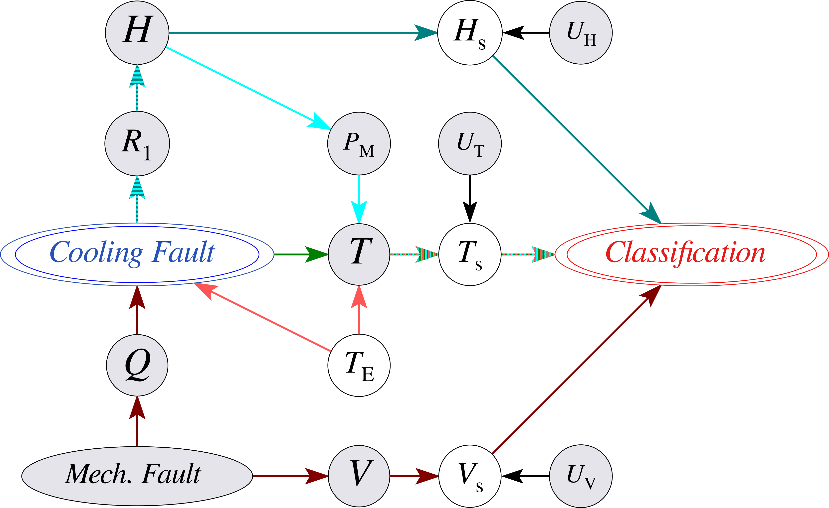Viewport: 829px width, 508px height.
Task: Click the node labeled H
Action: click(137, 32)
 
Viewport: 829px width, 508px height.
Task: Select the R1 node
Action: click(137, 143)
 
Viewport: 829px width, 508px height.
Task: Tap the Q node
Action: click(137, 366)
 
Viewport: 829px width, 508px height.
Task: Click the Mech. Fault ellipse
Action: click(137, 476)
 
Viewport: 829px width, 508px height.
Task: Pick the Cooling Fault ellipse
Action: click(137, 254)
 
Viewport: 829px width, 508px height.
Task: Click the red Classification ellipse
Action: click(691, 254)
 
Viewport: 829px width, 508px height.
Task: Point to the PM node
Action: click(359, 143)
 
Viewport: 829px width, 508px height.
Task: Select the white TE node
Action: click(359, 366)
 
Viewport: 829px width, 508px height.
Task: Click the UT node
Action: click(470, 143)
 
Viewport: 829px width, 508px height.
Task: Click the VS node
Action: click(470, 476)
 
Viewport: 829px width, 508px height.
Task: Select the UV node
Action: click(581, 476)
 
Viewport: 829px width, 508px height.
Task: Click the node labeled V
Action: click(359, 476)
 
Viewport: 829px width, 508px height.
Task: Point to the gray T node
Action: click(359, 254)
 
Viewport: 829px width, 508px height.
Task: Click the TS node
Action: click(470, 254)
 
